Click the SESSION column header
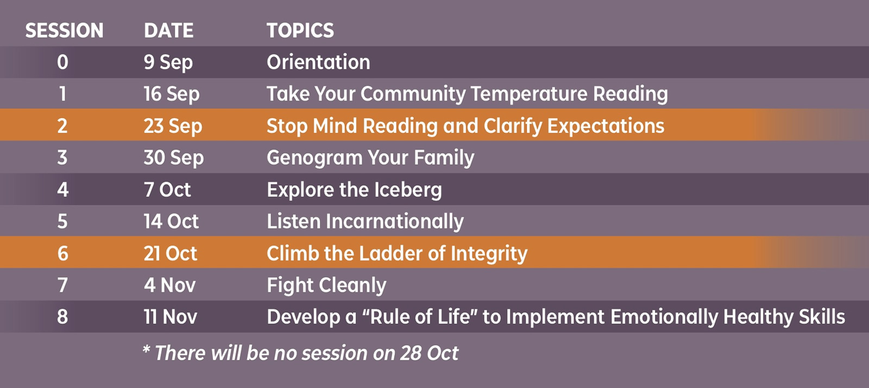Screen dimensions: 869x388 pyautogui.click(x=65, y=30)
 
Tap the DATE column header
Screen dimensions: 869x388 pyautogui.click(x=169, y=30)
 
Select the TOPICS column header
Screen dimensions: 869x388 pyautogui.click(x=300, y=30)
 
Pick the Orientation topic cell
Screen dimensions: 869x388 pyautogui.click(x=318, y=62)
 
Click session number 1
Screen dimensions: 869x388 pyautogui.click(x=62, y=94)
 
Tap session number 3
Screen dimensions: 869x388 pyautogui.click(x=62, y=158)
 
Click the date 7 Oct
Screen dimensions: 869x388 pyautogui.click(x=167, y=190)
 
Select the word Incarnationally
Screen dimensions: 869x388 pyautogui.click(x=395, y=222)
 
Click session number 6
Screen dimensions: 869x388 pyautogui.click(x=62, y=253)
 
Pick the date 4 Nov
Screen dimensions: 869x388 pyautogui.click(x=170, y=285)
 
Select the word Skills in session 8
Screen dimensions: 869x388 pyautogui.click(x=822, y=317)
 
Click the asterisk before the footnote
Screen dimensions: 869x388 pyautogui.click(x=146, y=349)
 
